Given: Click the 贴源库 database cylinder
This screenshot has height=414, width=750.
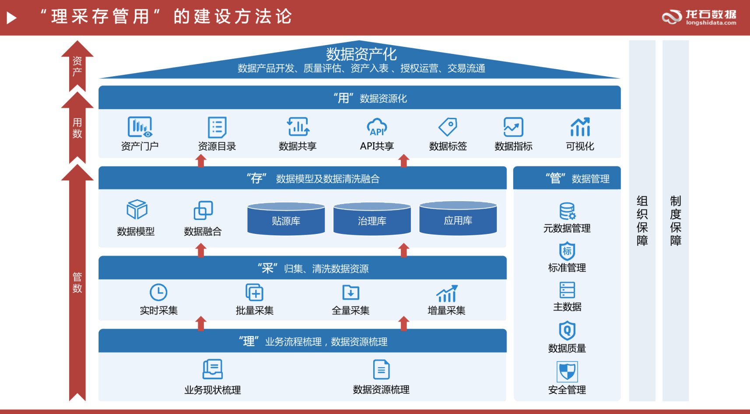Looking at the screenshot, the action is [286, 218].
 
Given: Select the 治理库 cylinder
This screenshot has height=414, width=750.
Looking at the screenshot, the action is [372, 218].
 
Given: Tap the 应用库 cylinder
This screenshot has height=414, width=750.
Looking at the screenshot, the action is [458, 218].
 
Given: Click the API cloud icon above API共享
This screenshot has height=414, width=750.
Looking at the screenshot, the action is [377, 127].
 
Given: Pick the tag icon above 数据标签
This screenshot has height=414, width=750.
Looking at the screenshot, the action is [448, 127].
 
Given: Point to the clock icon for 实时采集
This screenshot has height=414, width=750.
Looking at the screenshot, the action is [158, 292].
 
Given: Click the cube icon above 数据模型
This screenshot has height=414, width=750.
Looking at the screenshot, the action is [137, 209].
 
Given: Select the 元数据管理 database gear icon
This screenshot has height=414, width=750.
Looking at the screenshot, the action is [567, 211].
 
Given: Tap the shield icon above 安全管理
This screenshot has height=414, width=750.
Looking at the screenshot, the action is [567, 372].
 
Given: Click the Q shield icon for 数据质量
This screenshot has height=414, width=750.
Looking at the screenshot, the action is [567, 330].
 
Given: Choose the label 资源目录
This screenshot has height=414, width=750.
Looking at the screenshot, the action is [217, 146].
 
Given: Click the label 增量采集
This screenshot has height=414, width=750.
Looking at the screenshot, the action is [446, 311].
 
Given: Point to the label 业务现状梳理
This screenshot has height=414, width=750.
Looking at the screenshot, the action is [213, 390].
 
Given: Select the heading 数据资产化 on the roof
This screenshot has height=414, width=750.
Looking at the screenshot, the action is [361, 54].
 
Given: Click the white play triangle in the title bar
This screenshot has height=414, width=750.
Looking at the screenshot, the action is [12, 18].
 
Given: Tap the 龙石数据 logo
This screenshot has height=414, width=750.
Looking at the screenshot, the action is [699, 18].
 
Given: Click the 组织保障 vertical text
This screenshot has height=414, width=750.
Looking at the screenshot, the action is [642, 220].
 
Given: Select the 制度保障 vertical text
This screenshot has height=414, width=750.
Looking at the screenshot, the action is [676, 220].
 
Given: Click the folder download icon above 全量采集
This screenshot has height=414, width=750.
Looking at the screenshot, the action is [350, 292].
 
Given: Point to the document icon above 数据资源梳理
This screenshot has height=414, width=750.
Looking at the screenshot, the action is [381, 369].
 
